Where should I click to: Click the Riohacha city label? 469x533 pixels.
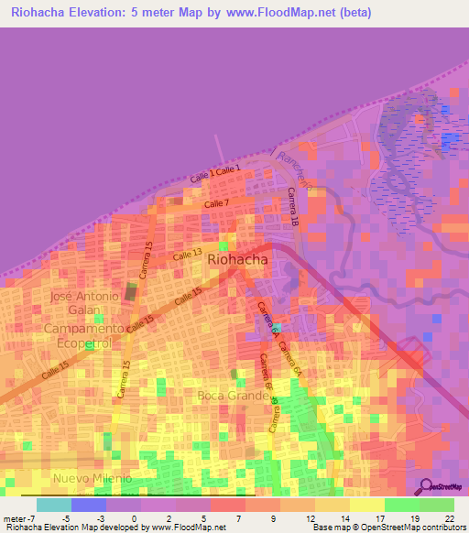[238, 259]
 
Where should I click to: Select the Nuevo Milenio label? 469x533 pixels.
[92, 478]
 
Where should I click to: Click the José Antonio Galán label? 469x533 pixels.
[84, 303]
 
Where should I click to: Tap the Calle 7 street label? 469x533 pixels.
[217, 203]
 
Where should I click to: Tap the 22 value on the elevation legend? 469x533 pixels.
[448, 518]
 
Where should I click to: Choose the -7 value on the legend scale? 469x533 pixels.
[33, 518]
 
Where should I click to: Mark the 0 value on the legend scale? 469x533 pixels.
[134, 518]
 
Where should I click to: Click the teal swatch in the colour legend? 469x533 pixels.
[53, 505]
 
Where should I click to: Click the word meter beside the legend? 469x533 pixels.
[15, 518]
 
